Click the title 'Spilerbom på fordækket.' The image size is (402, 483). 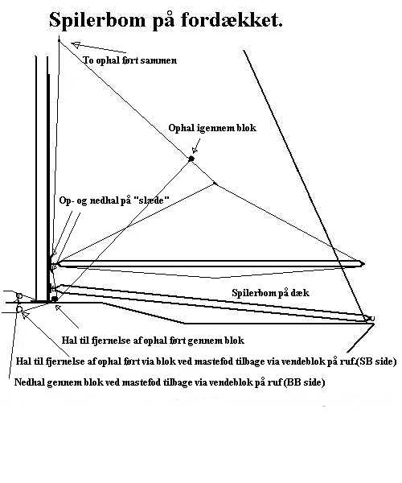(x=166, y=21)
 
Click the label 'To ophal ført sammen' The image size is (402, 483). (x=129, y=60)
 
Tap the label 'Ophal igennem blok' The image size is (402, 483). (x=212, y=128)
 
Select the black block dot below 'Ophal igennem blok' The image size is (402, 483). (x=191, y=159)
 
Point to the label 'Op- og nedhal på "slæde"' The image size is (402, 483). (x=114, y=200)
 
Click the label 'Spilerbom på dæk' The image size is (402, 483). (x=270, y=293)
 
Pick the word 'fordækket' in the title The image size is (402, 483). (x=232, y=20)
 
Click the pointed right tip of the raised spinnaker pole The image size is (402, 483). (x=364, y=264)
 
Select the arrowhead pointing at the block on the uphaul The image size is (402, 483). (x=195, y=150)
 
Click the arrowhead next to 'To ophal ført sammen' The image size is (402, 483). (x=76, y=45)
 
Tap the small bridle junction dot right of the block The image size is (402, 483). (x=215, y=184)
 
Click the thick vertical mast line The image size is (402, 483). (x=48, y=179)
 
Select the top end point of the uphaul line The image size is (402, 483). (x=59, y=40)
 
